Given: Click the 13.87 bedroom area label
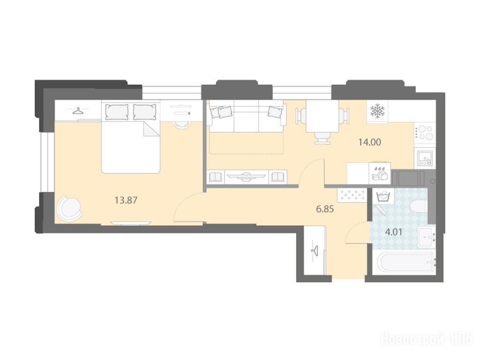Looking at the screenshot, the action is click(x=126, y=201).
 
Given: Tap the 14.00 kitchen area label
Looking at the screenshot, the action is click(x=370, y=142).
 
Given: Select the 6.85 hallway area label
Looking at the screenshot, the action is click(x=325, y=210).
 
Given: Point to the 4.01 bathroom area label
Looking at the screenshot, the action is click(x=393, y=232).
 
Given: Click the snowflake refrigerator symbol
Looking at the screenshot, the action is click(x=377, y=111).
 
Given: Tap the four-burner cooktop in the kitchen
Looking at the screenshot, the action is click(x=424, y=133).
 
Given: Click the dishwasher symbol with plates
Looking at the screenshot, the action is click(x=380, y=173).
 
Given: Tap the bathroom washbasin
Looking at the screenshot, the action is click(x=427, y=237).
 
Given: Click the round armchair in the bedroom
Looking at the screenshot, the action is click(x=70, y=208).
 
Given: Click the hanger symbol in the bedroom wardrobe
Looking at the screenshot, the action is click(x=78, y=111).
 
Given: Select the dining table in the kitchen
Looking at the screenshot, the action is click(x=322, y=116).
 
